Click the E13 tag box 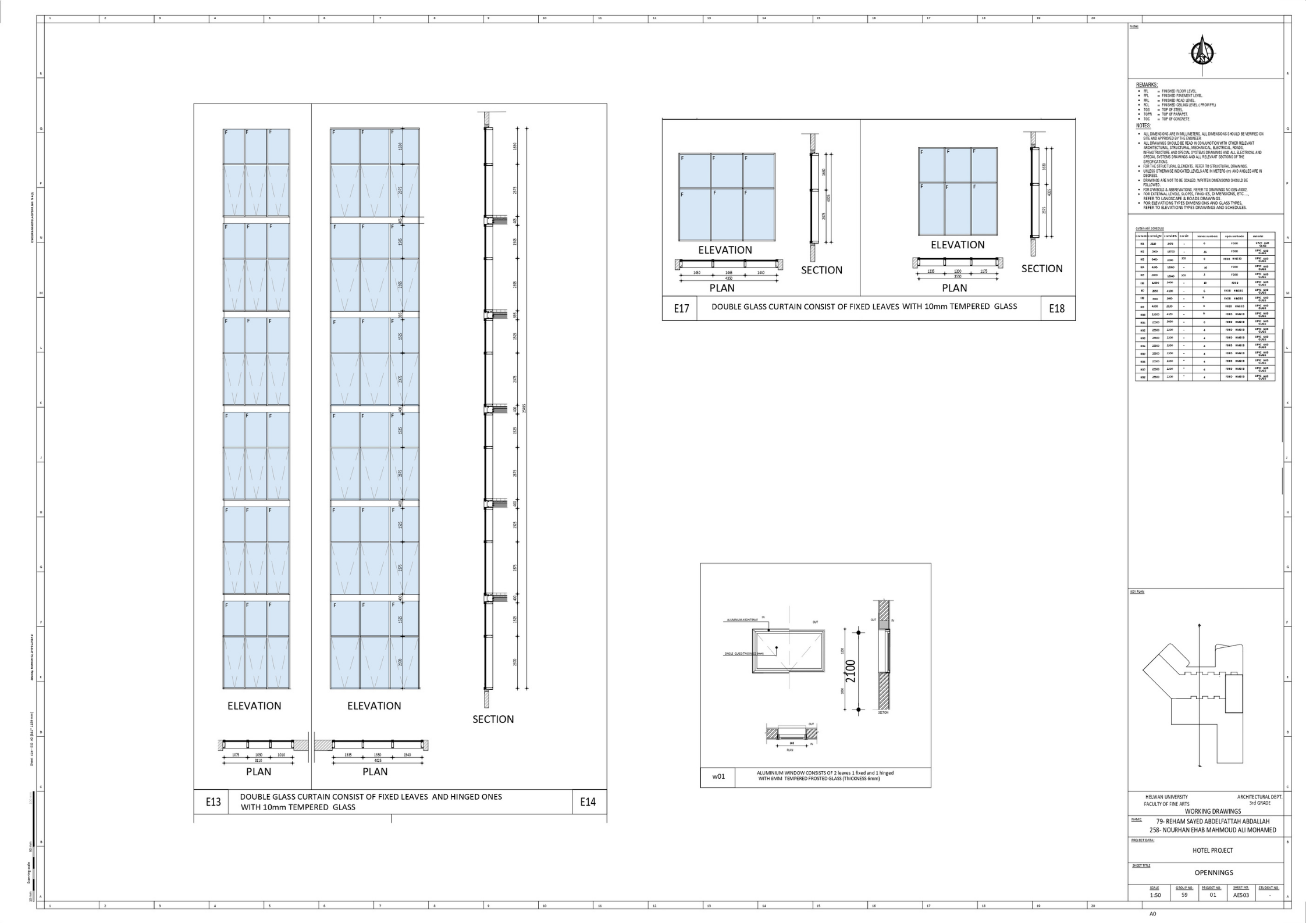click(x=213, y=802)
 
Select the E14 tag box click(x=588, y=802)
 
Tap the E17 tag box click(x=681, y=309)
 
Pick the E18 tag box click(x=1056, y=309)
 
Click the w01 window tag click(x=719, y=776)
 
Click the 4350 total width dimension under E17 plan click(x=729, y=279)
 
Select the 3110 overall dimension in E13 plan click(x=258, y=760)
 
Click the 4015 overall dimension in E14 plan click(x=378, y=760)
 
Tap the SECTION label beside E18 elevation click(x=1041, y=269)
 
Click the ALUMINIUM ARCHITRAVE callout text click(x=742, y=620)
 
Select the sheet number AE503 click(x=1241, y=895)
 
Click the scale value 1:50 click(x=1155, y=895)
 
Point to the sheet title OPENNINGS click(x=1214, y=872)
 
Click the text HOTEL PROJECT click(x=1212, y=850)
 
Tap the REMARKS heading click(x=1147, y=85)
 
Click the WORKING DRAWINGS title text click(x=1213, y=811)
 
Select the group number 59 click(x=1184, y=895)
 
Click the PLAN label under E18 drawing click(x=954, y=288)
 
